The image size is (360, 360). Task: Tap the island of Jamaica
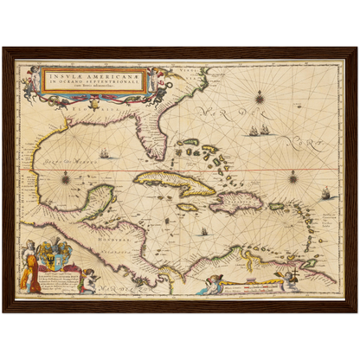point(188,208)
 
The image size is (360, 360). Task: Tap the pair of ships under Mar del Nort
point(258,132)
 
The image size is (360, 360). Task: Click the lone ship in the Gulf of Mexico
point(104,154)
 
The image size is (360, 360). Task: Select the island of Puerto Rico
point(277,207)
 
